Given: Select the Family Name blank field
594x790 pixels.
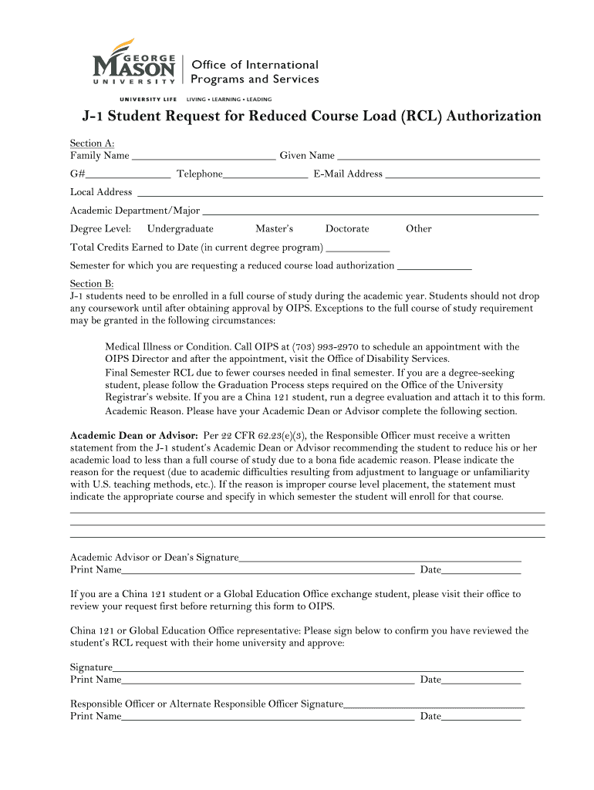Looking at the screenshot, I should click(204, 156).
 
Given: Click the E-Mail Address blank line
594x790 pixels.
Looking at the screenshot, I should click(462, 174).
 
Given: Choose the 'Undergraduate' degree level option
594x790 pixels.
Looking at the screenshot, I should click(180, 229).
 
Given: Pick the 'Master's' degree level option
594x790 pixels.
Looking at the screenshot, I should click(274, 229).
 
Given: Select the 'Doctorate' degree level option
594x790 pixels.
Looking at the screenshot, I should click(346, 229).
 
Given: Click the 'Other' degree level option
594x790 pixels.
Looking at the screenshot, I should click(418, 229).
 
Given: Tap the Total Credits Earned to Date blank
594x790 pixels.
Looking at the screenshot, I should click(358, 248).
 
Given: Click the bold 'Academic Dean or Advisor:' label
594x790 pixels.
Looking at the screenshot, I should click(134, 435).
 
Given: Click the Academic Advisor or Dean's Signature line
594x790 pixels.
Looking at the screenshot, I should click(380, 558).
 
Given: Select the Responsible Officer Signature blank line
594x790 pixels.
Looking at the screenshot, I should click(434, 704).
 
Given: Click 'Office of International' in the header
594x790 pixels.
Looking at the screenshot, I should click(255, 65).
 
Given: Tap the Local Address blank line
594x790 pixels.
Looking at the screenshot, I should click(339, 193).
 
